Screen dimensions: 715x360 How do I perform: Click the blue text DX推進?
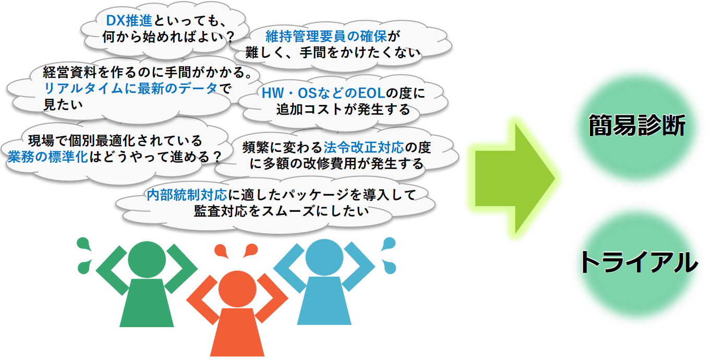point(129,21)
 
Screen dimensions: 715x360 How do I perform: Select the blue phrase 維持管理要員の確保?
point(326,37)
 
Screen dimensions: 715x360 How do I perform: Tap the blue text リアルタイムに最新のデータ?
point(130,88)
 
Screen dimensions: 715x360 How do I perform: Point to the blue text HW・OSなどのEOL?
point(323,93)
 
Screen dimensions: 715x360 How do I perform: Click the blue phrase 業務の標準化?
point(48,157)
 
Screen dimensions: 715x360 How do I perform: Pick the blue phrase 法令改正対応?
point(364,147)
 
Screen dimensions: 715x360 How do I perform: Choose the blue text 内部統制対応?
point(187,195)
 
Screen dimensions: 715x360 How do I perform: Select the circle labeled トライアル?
point(637,263)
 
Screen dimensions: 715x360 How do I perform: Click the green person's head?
point(147,259)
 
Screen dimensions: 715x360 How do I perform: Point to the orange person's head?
point(237,289)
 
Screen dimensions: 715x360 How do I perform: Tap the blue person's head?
point(324,257)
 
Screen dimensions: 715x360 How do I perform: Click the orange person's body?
point(237,332)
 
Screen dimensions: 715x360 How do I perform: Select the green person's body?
point(147,303)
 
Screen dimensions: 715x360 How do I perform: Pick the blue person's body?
point(324,301)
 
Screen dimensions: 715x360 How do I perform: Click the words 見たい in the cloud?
point(63,104)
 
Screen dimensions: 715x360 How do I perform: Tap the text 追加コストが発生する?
point(343,109)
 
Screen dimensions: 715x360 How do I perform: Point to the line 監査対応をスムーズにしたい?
point(281,211)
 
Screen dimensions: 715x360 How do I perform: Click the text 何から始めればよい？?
point(169,37)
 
